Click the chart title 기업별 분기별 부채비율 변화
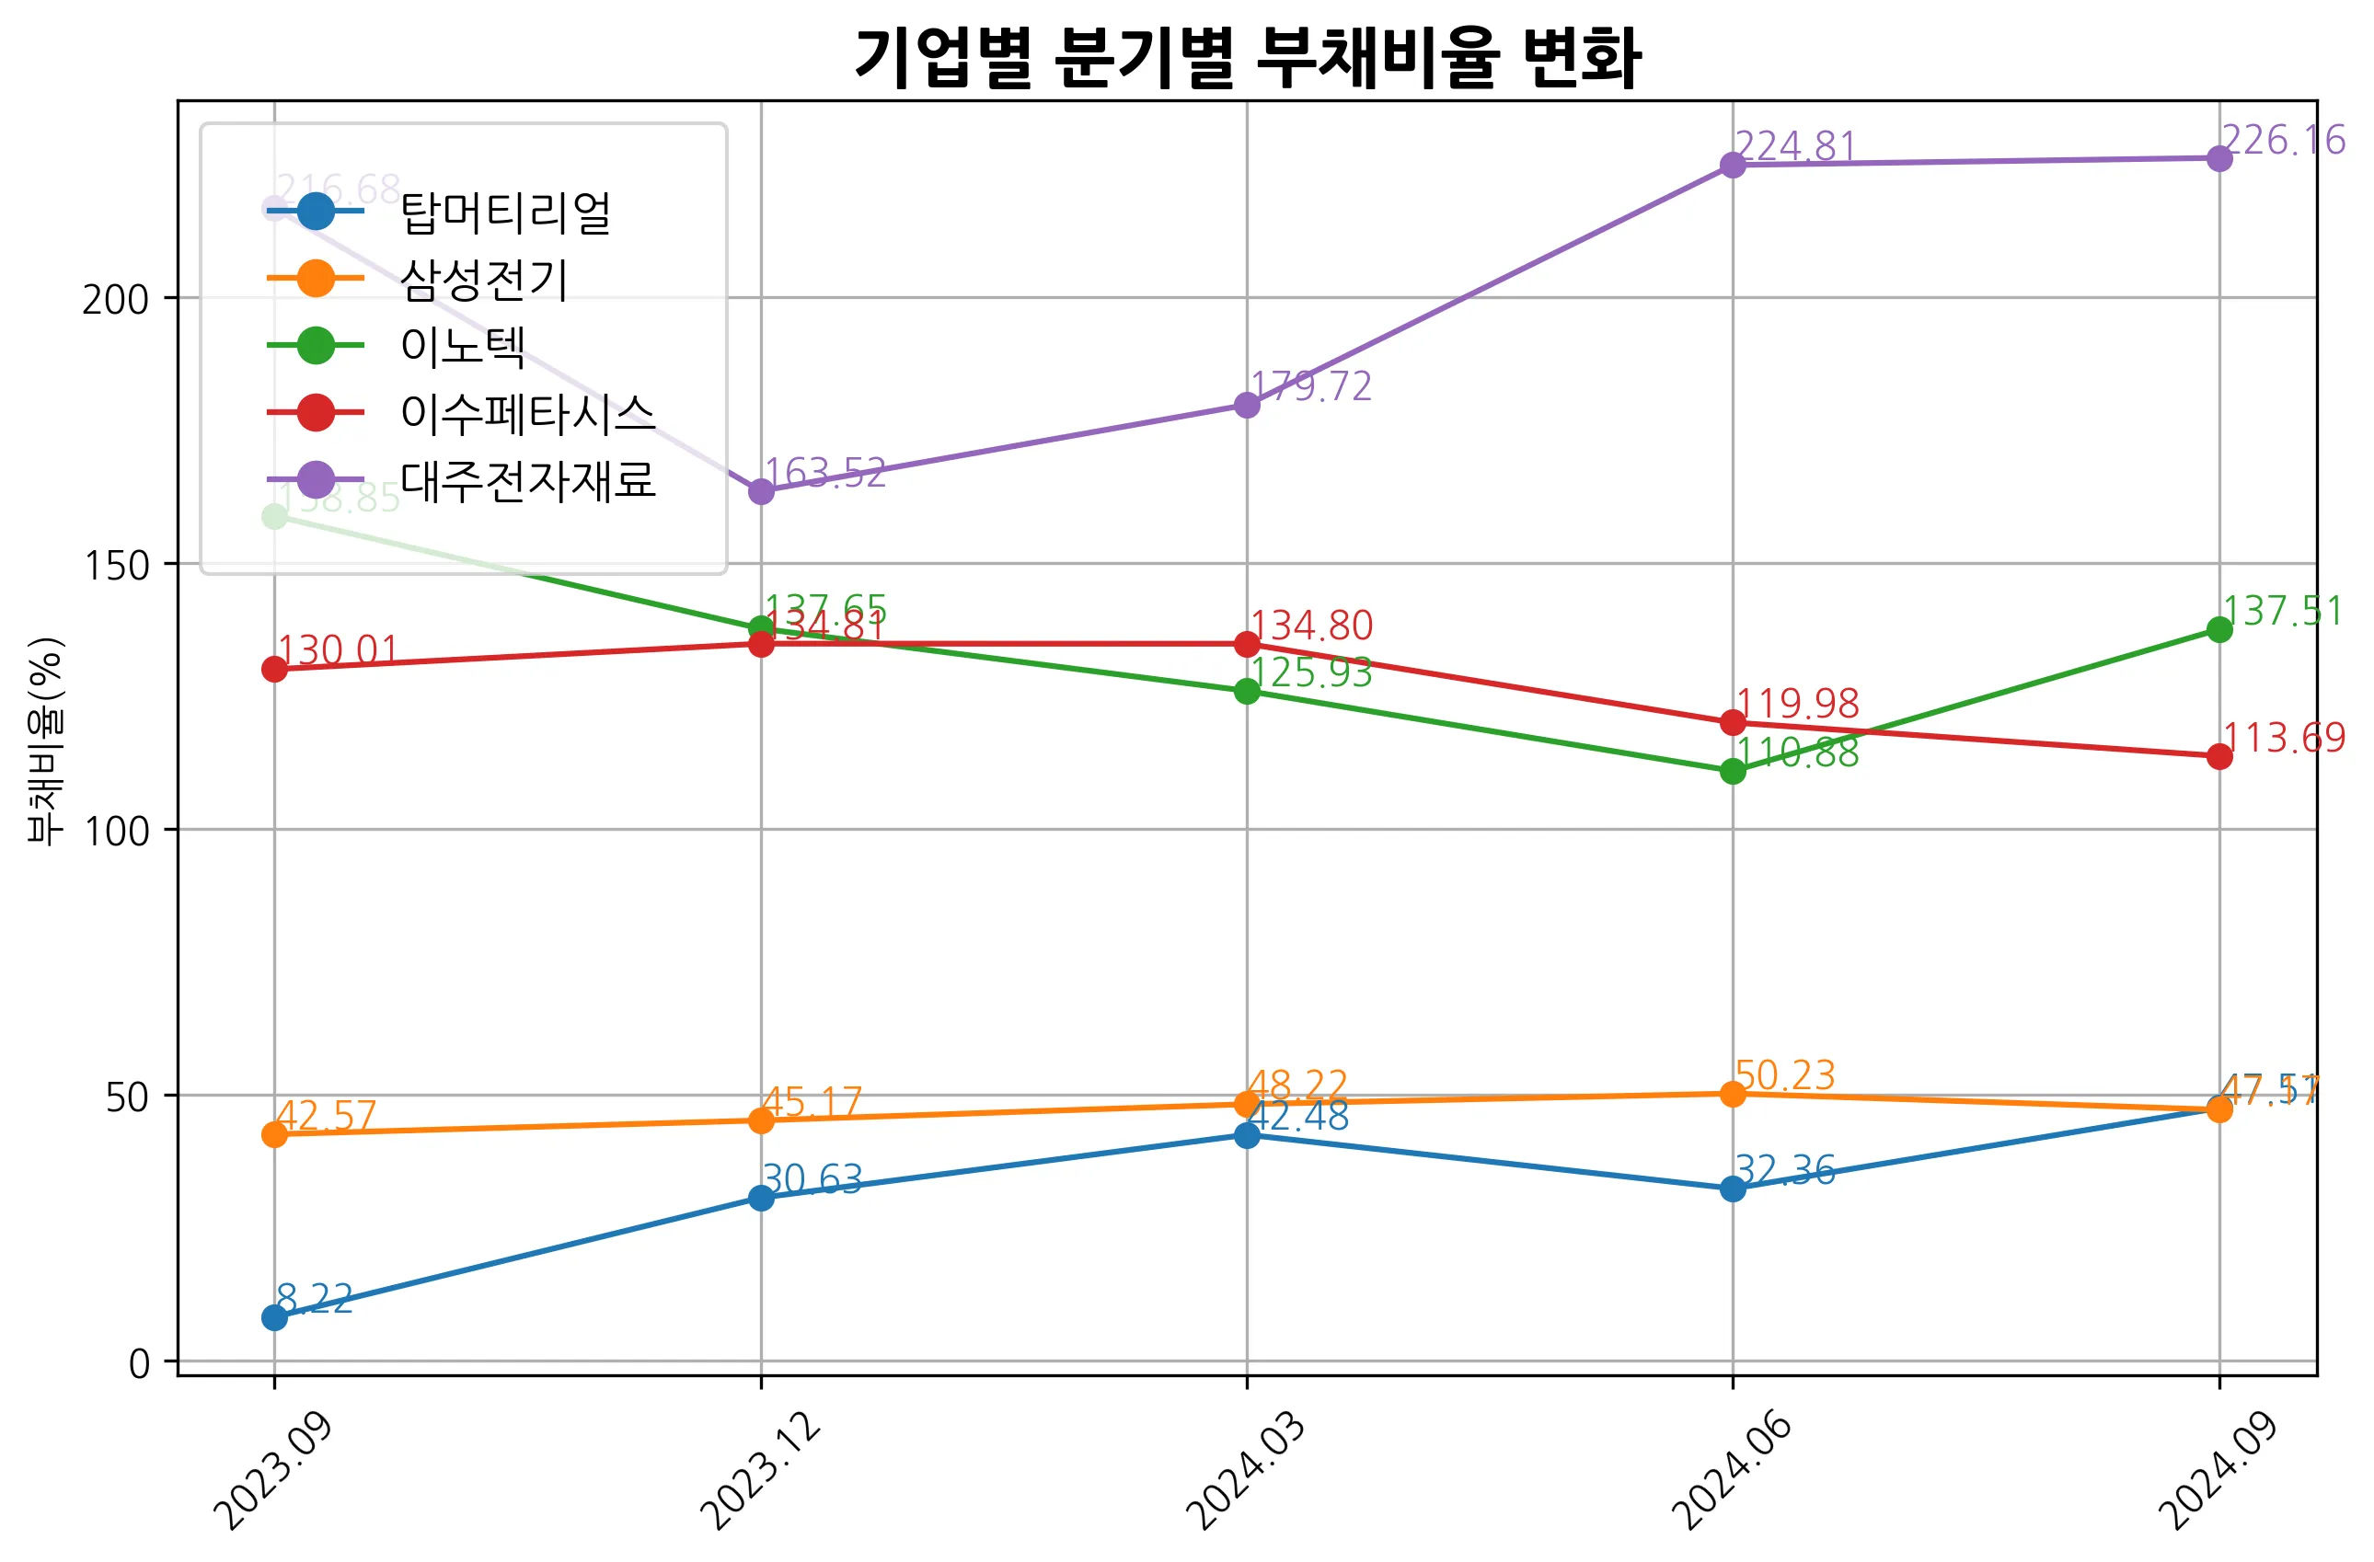(1247, 58)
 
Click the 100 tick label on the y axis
(114, 831)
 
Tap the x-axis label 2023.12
(760, 1472)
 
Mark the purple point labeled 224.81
(1733, 165)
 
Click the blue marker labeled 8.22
(274, 1317)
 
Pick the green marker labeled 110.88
(1733, 771)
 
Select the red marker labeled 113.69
(2219, 756)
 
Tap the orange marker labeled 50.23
(1733, 1093)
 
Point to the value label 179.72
(1310, 387)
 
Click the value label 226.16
(2282, 141)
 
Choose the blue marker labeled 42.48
(1247, 1135)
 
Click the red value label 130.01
(337, 650)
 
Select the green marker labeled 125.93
(1247, 691)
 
